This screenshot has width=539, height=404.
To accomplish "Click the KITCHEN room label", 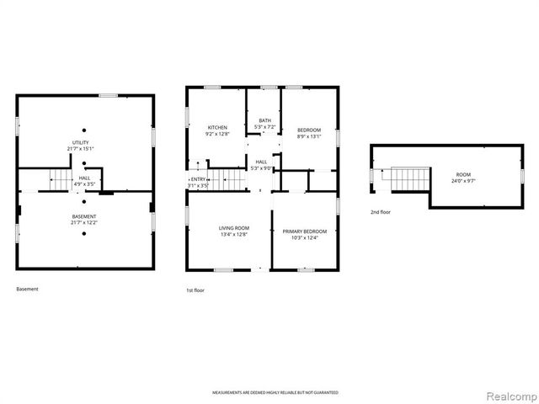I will point(217,127).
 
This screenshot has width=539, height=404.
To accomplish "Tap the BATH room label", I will point(264,120).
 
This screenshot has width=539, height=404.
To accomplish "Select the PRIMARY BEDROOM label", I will point(305,231).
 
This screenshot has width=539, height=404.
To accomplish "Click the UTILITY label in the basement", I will point(81,142).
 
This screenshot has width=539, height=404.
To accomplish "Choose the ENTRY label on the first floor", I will point(199,178).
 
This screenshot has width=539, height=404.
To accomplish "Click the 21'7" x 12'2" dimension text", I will point(83,222).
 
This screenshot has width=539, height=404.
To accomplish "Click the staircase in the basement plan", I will point(59,179).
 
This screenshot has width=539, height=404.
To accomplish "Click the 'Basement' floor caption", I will point(27,289).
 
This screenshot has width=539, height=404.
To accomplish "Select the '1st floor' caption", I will point(195,290).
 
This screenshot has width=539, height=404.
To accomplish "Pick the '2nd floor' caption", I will point(380,212).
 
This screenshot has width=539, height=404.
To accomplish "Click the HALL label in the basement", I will point(85,178).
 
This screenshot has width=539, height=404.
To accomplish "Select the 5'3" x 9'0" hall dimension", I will point(261,167).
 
